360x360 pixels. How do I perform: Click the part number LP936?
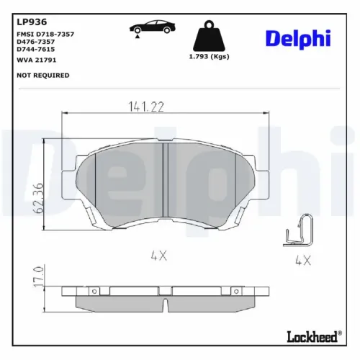(28, 21)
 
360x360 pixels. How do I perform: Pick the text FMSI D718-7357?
(45, 34)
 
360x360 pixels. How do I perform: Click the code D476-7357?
(36, 42)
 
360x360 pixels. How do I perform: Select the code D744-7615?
(36, 50)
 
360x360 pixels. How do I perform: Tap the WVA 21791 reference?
(37, 61)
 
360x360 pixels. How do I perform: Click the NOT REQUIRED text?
(42, 75)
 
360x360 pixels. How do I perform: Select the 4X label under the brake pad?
(160, 253)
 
